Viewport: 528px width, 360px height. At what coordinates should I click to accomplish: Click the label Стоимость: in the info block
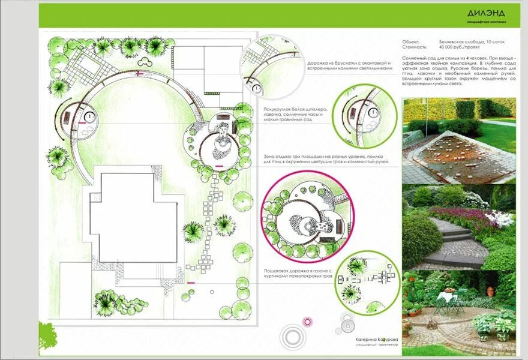pyautogui.click(x=415, y=46)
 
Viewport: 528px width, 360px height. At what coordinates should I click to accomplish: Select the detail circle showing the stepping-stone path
pyautogui.click(x=366, y=282)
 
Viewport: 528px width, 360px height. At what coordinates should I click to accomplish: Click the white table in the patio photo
pyautogui.click(x=446, y=296)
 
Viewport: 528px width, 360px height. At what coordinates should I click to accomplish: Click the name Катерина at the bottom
pyautogui.click(x=367, y=340)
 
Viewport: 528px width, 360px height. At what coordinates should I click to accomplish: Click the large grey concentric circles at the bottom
pyautogui.click(x=293, y=335)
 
